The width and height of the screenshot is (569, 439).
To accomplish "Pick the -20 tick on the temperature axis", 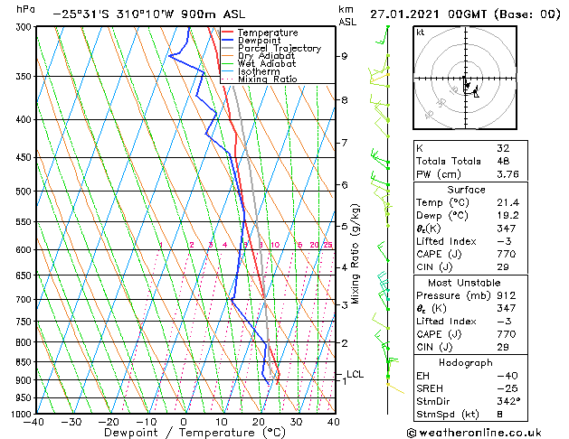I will (x=109, y=421).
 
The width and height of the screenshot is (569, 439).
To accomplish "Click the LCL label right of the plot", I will (x=356, y=374).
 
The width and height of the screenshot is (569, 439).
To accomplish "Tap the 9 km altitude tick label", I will (x=344, y=56).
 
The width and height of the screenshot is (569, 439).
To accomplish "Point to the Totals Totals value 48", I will (x=503, y=161).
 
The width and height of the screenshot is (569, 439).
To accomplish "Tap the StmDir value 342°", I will (x=508, y=401).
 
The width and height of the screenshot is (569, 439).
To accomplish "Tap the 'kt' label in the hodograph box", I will (x=420, y=32).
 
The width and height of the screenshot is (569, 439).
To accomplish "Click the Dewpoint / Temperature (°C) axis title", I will (x=184, y=434).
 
